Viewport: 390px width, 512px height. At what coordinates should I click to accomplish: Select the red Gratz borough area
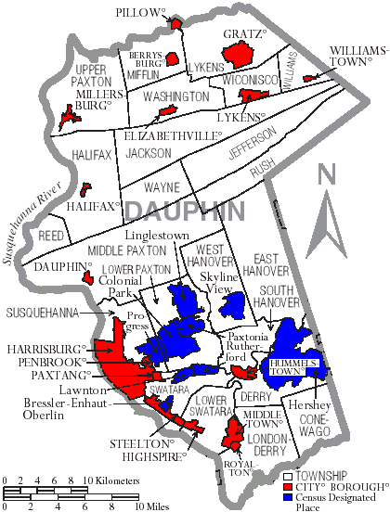(x=239, y=57)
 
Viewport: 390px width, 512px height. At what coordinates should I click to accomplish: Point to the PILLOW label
(x=139, y=13)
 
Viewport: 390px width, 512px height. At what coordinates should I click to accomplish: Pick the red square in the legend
(x=288, y=486)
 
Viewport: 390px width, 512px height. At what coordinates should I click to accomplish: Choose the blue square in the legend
(x=288, y=498)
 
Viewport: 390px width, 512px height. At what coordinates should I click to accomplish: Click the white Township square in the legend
(x=288, y=474)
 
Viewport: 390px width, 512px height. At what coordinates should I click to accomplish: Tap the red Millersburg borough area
(x=68, y=117)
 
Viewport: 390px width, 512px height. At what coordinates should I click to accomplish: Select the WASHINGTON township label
(x=175, y=96)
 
